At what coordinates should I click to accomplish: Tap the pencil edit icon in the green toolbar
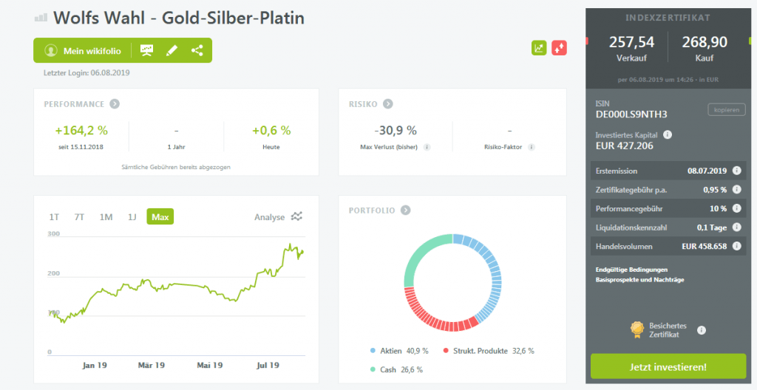click(x=172, y=51)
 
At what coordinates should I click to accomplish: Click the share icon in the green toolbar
click(x=197, y=51)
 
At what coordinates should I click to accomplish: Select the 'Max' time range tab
click(x=160, y=217)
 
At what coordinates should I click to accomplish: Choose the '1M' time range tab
click(x=106, y=217)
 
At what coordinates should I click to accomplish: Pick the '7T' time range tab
click(x=79, y=217)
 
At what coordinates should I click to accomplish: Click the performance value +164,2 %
click(x=81, y=131)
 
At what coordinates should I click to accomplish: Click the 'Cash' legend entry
click(x=389, y=369)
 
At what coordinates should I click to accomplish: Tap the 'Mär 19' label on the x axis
click(x=151, y=365)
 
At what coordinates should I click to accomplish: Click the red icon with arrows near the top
click(x=558, y=48)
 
